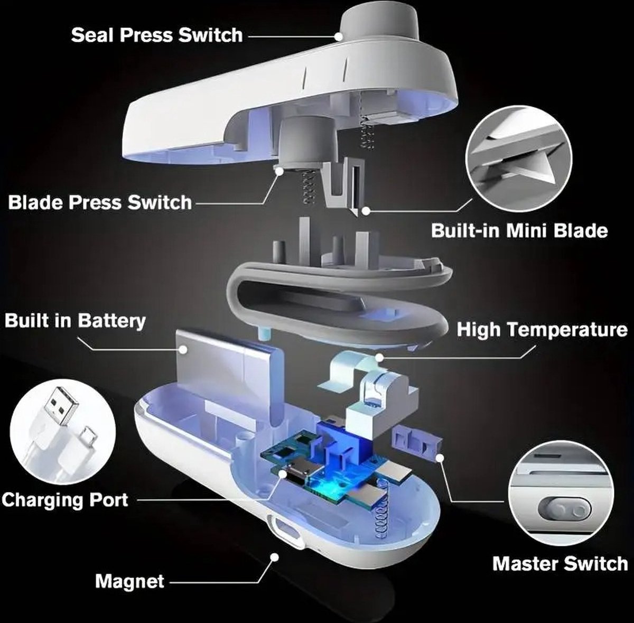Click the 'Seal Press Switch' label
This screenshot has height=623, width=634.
157,35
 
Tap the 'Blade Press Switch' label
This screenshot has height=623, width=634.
100,202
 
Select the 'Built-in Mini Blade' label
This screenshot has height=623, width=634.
519,230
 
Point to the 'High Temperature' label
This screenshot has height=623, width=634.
542,329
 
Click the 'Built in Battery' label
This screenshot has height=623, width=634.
75,321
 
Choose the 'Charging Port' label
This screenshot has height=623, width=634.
65,499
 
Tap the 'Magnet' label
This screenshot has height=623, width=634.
129,581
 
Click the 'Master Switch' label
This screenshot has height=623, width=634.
561,563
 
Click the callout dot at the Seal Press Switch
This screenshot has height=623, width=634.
338,36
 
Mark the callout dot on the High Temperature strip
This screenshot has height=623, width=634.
379,357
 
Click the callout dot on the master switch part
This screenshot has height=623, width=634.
440,458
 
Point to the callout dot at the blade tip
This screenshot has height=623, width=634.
365,211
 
